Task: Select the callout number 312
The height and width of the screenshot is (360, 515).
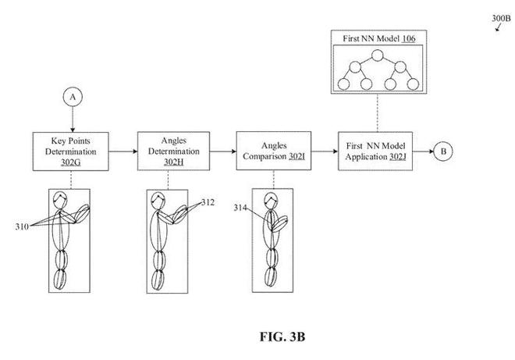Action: point(208,203)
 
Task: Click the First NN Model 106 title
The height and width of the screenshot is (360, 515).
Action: point(375,38)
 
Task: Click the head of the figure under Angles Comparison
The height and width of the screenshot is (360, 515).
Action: point(272,202)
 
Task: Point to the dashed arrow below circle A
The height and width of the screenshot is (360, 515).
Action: point(73,119)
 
